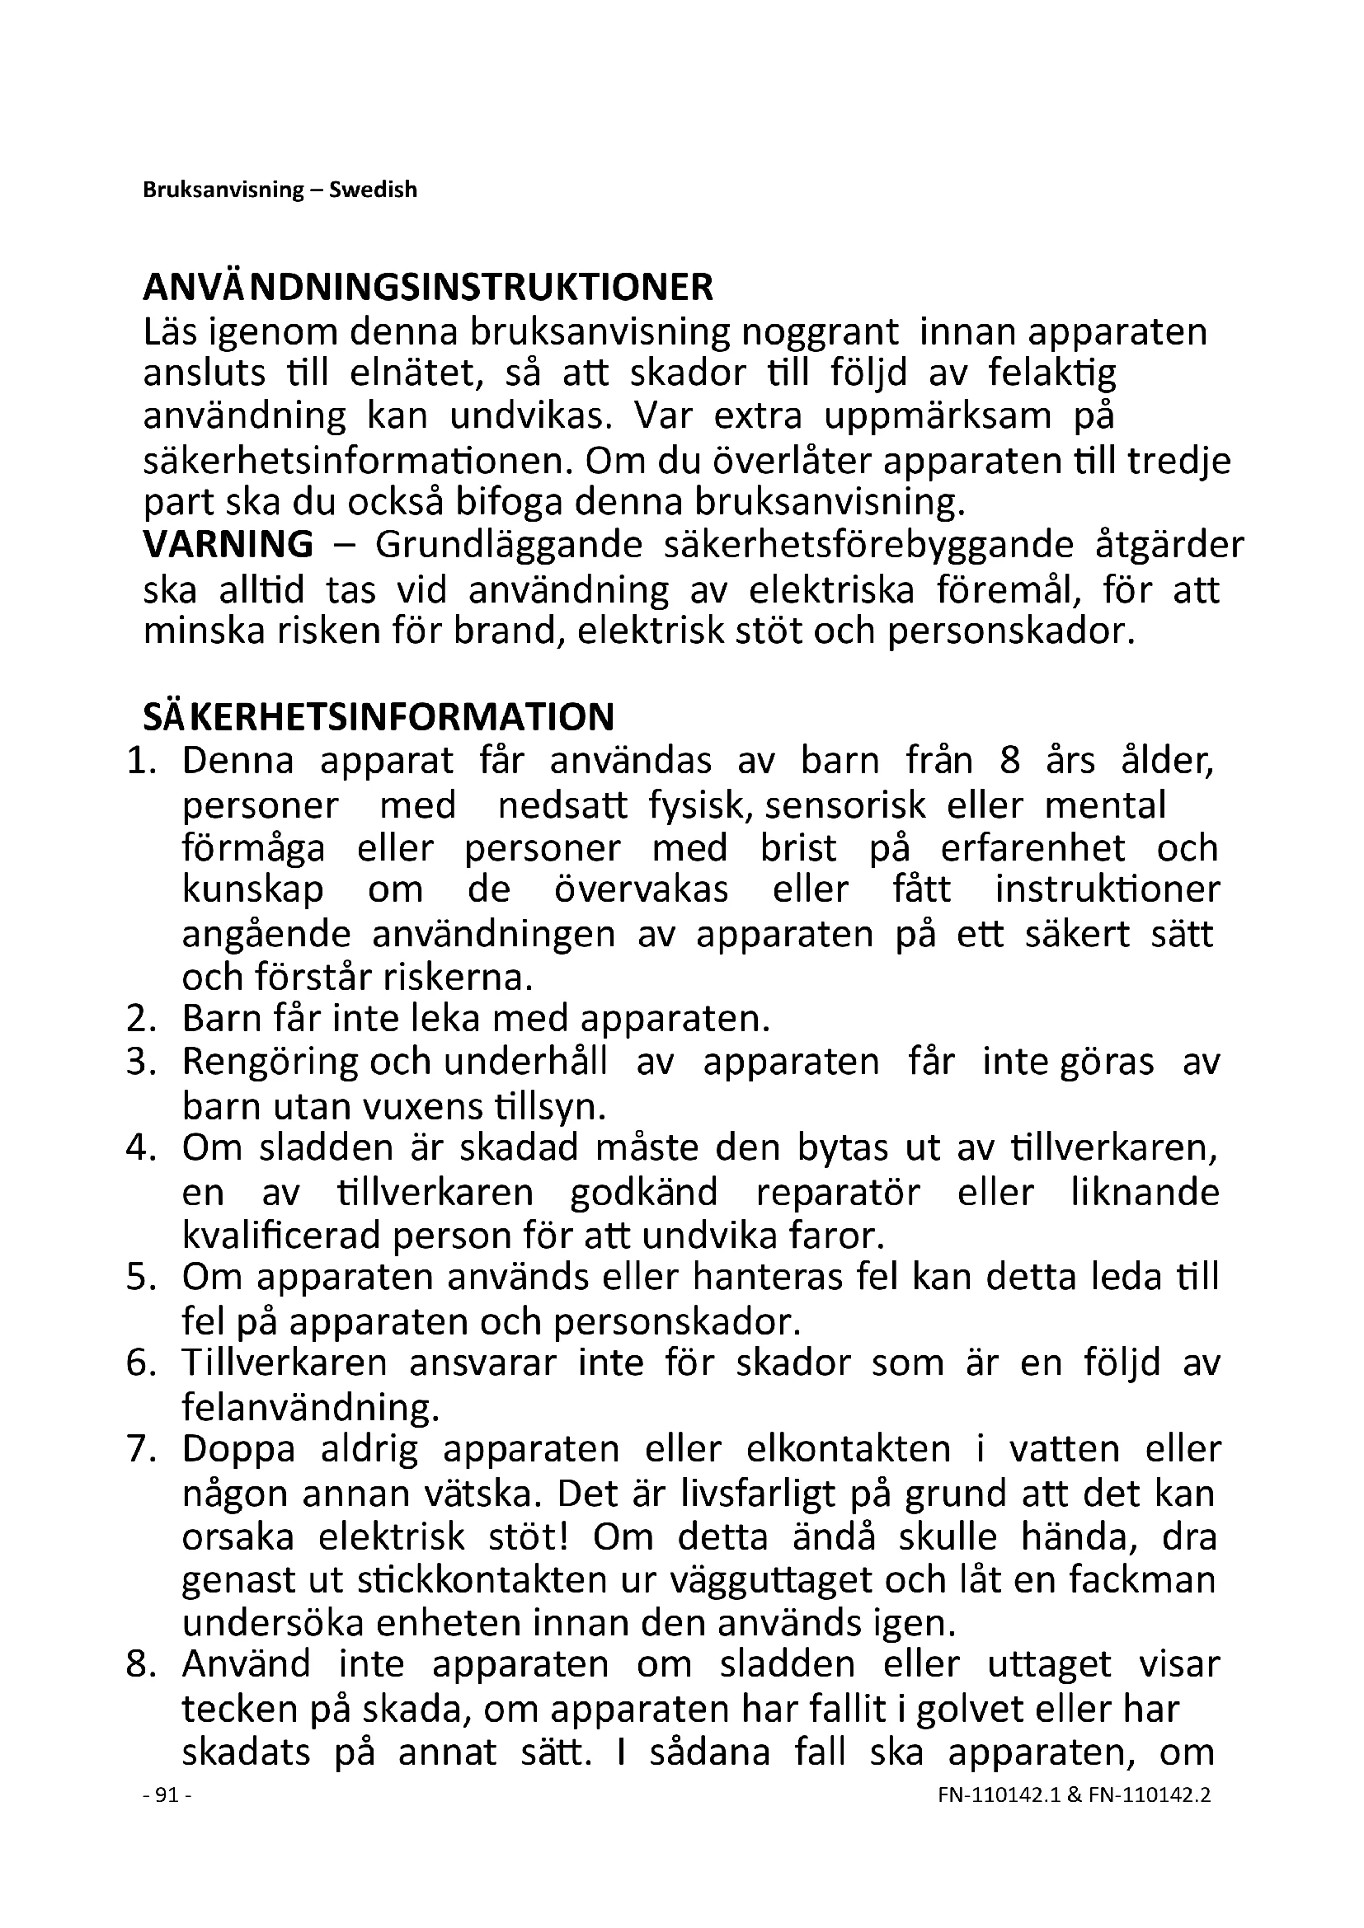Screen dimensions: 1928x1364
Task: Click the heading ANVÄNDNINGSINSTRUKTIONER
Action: (428, 288)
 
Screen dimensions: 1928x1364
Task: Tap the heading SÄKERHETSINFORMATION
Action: (379, 717)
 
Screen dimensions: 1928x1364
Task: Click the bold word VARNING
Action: (228, 544)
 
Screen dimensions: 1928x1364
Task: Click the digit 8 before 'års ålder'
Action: (1010, 761)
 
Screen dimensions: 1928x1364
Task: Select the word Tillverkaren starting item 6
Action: (284, 1362)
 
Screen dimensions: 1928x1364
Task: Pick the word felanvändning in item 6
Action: (310, 1406)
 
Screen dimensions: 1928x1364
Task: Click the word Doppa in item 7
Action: (238, 1449)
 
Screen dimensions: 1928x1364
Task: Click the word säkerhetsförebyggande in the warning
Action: (868, 544)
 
